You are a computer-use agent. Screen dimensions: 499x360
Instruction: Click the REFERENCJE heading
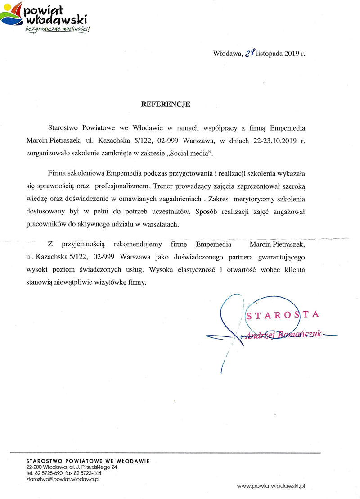coord(166,104)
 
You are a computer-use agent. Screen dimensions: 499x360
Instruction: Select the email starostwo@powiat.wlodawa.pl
coord(63,479)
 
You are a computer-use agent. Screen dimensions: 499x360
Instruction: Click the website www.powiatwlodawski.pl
coord(271,486)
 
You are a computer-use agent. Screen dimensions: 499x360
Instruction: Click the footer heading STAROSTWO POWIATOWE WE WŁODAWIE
coord(88,461)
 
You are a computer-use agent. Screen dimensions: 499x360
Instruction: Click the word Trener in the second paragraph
coord(206,185)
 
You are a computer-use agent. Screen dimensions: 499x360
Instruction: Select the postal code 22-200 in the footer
coord(35,467)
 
